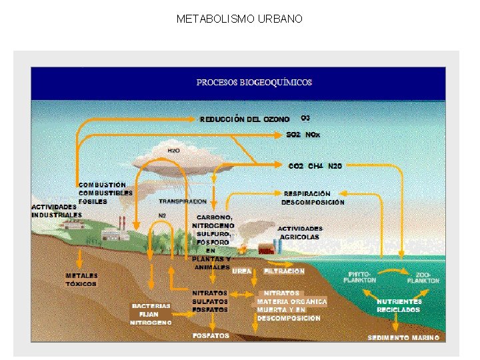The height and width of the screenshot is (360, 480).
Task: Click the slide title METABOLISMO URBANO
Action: tap(239, 19)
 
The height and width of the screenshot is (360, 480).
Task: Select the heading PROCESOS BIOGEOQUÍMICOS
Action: tap(254, 83)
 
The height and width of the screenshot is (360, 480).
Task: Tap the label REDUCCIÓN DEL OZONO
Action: tap(245, 119)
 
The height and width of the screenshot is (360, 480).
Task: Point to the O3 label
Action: tap(305, 118)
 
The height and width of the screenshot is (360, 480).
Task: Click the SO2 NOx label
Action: tap(303, 135)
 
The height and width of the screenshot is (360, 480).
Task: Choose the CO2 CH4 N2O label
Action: tap(315, 165)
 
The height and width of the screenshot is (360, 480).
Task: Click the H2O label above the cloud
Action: tap(173, 151)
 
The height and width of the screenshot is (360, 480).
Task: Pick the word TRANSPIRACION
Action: tap(183, 201)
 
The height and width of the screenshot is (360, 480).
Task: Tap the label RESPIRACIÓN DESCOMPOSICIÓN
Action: tap(313, 197)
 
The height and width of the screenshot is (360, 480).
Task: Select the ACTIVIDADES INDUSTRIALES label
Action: tap(57, 211)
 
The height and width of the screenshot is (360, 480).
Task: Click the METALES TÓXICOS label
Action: tap(81, 279)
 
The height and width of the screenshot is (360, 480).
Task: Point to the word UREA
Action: tap(242, 271)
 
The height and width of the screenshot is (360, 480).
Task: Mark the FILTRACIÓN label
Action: tap(285, 271)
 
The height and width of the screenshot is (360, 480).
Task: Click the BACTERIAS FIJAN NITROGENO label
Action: tap(151, 314)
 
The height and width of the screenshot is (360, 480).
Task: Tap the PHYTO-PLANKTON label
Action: tap(360, 277)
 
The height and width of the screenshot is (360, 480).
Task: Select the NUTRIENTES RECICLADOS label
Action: tap(399, 305)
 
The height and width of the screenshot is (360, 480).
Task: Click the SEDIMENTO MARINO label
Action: tap(403, 337)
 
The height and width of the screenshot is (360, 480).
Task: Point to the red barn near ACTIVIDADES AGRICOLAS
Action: tap(266, 249)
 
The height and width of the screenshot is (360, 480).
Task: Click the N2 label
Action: tap(162, 215)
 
